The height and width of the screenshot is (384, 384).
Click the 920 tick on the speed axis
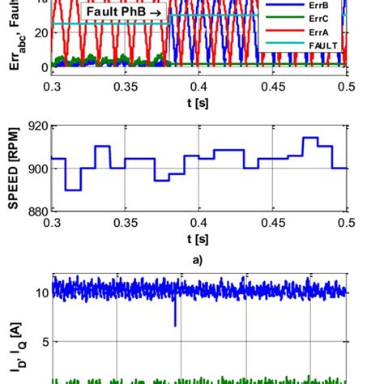coord(36,126)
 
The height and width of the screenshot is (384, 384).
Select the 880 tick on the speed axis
coord(36,211)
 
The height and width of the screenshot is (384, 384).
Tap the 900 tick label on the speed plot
coord(36,169)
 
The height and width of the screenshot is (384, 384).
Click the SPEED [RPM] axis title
coord(14,168)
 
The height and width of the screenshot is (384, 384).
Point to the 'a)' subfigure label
coord(199,262)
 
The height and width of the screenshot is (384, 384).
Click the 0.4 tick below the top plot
coord(199,83)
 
